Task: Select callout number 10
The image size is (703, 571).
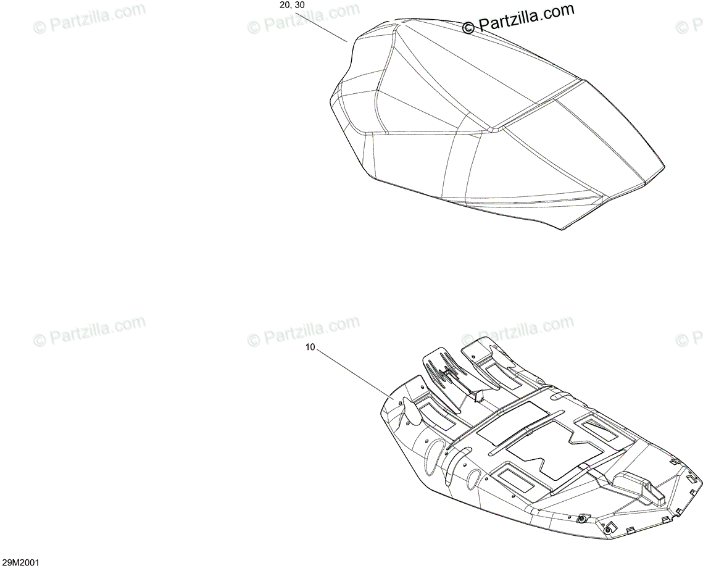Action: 310,348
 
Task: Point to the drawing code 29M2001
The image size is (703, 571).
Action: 21,564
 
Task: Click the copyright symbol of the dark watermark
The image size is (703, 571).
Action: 468,27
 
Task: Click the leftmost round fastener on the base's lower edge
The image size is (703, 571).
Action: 582,520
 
